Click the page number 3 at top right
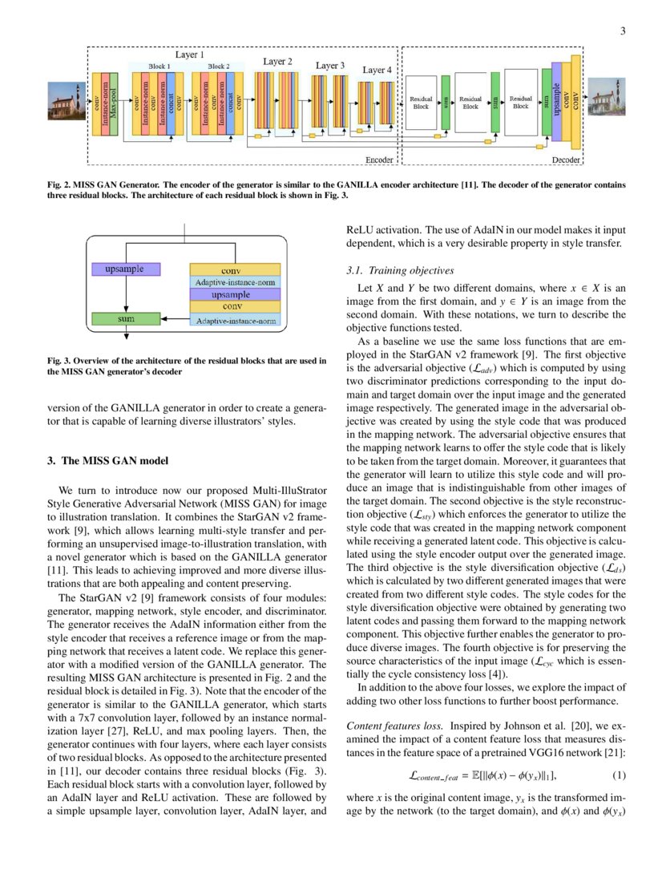tap(623, 31)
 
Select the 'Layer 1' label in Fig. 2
tap(189, 55)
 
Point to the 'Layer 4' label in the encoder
tap(377, 71)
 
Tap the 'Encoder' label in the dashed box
tap(379, 160)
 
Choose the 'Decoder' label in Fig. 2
tap(566, 160)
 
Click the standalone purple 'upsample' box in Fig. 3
tap(124, 269)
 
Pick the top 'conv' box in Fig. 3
tap(235, 270)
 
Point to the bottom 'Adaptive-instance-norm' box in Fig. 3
tap(235, 321)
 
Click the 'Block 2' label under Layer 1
tap(218, 66)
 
